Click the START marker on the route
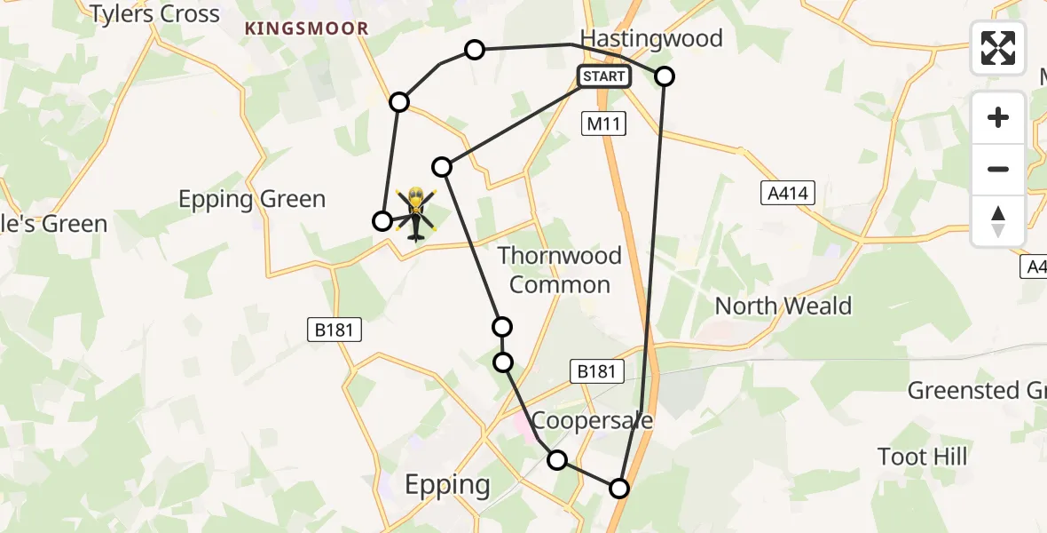(x=604, y=76)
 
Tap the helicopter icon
(x=414, y=213)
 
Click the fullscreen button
(x=998, y=47)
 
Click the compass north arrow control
(x=998, y=221)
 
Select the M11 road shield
(x=604, y=125)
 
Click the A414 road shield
(x=788, y=193)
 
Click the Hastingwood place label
(x=651, y=38)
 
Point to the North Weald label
(x=783, y=306)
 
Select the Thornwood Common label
(x=559, y=270)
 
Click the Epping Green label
(x=253, y=199)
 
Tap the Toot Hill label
(x=923, y=457)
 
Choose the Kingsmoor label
(x=306, y=28)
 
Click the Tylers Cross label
(x=154, y=14)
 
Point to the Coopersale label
(x=593, y=420)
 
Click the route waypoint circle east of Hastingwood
(x=665, y=76)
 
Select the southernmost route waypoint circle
(x=618, y=489)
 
